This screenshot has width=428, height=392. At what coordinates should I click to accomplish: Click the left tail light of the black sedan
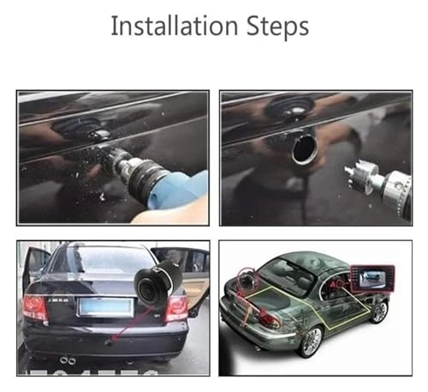click(x=35, y=307)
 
